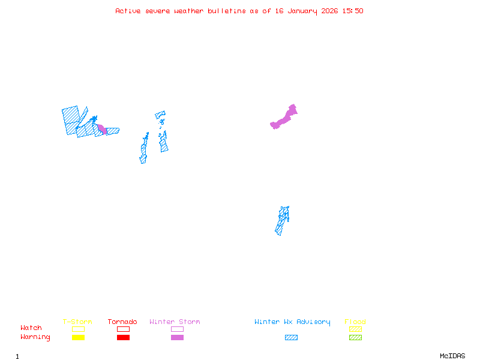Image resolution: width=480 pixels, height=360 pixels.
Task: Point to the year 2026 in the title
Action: pos(329,11)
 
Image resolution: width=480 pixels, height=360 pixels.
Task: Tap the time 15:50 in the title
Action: pos(353,11)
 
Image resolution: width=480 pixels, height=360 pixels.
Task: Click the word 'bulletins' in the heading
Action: pos(227,11)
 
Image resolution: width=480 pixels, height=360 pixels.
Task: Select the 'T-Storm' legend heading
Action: pos(77,322)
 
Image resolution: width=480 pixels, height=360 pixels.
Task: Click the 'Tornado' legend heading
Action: pos(122,322)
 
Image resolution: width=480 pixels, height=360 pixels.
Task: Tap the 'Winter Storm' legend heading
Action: pos(175,322)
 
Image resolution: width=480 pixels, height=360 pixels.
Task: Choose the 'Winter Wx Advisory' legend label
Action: pos(292,322)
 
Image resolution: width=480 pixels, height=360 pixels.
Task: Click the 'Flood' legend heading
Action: pos(355,322)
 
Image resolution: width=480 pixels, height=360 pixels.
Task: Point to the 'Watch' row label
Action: pos(31,328)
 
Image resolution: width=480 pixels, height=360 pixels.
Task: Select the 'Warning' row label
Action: pos(35,337)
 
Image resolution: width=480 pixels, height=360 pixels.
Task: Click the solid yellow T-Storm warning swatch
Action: pos(79,338)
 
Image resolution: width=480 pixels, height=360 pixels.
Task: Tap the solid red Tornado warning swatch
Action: pos(124,338)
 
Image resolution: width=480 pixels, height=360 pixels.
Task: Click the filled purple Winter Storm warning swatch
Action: pos(177,338)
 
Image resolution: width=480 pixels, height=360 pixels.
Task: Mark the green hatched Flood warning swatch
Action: pos(355,338)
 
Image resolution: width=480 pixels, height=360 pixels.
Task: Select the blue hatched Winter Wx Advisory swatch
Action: pos(291,338)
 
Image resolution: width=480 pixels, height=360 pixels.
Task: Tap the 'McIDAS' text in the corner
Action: pos(452,356)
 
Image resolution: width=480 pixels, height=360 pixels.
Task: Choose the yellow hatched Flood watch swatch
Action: pos(355,329)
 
